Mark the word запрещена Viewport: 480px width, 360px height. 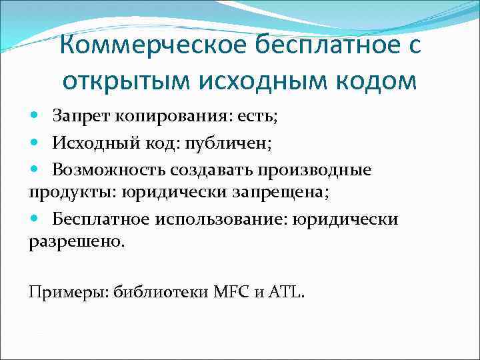coord(285,193)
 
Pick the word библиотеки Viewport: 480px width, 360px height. coord(160,291)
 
